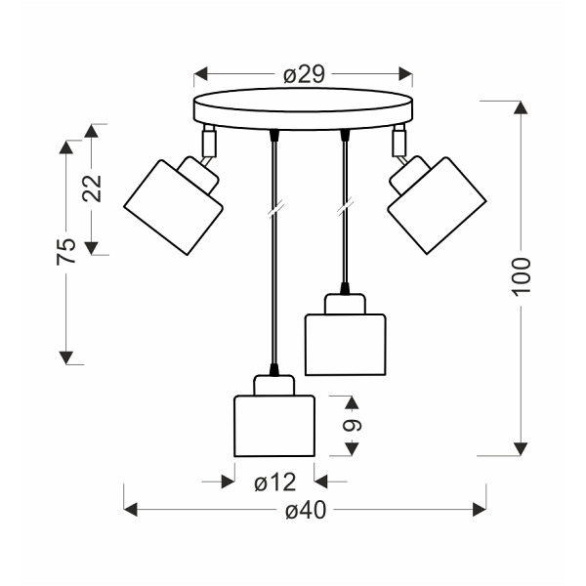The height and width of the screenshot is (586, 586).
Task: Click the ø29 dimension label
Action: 304,74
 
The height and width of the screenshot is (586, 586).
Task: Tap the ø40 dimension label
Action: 304,509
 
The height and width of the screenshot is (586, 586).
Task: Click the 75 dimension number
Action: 66,251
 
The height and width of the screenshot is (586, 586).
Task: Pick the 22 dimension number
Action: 94,188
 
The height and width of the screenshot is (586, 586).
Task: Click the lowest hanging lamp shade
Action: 273,426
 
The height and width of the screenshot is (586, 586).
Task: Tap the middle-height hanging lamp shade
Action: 347,343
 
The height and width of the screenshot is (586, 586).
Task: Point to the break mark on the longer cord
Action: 274,208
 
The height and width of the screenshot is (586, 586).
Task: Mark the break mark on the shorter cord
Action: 344,208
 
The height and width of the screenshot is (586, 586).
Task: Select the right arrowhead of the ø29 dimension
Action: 406,74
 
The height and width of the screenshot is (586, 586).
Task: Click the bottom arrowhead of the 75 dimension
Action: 66,357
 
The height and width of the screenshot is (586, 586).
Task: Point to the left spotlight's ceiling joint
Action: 208,141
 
